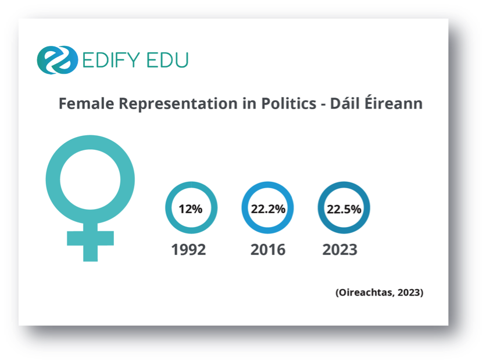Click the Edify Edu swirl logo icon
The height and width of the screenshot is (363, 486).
(58, 60)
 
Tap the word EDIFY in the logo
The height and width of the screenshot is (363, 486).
(111, 60)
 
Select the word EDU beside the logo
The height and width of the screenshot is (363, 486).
(167, 60)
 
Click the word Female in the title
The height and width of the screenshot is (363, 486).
(87, 103)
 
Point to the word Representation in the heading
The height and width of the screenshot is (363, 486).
(178, 104)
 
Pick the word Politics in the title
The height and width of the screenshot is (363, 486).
(288, 103)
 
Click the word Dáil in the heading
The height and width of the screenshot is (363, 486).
(345, 103)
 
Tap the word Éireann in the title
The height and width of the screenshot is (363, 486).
(394, 103)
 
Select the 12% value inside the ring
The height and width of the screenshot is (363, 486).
(191, 209)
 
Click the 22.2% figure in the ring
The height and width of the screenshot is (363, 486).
(268, 209)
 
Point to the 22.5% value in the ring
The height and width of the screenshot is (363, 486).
(344, 209)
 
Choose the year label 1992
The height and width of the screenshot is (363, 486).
(188, 250)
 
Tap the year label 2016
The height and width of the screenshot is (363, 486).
(268, 250)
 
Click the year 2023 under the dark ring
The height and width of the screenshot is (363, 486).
(340, 250)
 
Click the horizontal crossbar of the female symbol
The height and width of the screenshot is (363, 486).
(91, 238)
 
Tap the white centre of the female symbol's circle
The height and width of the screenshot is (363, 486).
(90, 179)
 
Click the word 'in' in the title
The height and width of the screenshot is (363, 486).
(249, 103)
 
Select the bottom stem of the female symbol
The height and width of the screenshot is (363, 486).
(91, 253)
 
